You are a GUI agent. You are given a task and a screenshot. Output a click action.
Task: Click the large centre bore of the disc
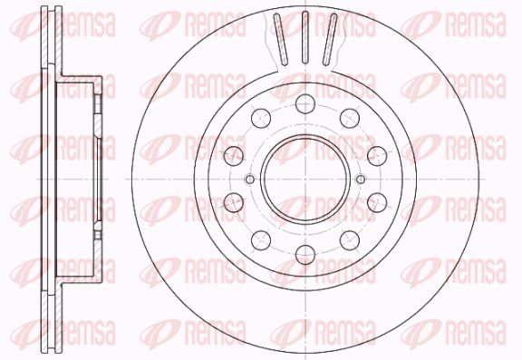[x=305, y=180]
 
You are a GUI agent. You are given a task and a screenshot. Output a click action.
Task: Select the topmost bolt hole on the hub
[x=305, y=103]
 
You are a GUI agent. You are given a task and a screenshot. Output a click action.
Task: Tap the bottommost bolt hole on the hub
[x=305, y=255]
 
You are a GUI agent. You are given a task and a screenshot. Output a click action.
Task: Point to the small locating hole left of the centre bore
[x=250, y=180]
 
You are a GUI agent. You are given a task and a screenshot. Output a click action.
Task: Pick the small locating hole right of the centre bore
[x=361, y=180]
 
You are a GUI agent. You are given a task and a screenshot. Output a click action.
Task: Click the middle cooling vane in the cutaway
[x=305, y=37]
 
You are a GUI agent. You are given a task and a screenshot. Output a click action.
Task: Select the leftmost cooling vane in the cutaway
[x=280, y=39]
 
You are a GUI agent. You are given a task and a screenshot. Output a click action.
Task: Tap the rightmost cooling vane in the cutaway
[x=330, y=39]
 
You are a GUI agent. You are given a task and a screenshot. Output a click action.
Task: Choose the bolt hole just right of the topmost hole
[x=350, y=118]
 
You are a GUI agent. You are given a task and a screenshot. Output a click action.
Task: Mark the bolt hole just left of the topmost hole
[x=261, y=118]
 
